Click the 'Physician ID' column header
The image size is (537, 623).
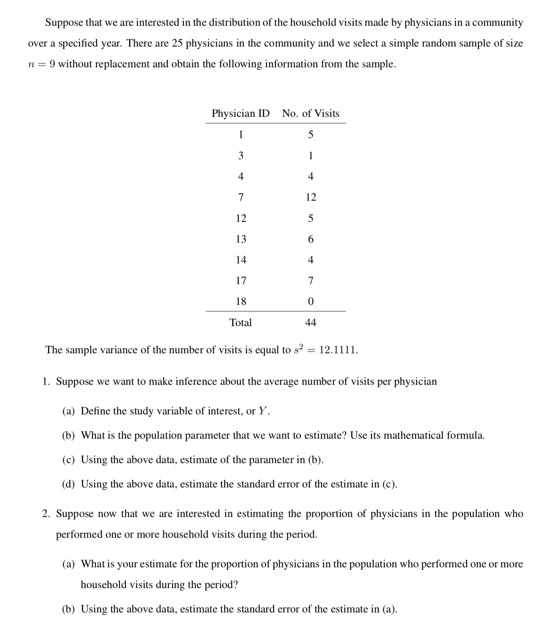click(241, 113)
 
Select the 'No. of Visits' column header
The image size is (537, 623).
click(310, 113)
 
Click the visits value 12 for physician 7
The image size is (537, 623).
click(310, 197)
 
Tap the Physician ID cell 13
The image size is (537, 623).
click(241, 239)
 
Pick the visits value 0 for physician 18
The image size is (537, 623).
click(310, 302)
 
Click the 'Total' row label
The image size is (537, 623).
click(241, 323)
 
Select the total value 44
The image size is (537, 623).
click(310, 323)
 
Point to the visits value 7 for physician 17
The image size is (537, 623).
click(310, 281)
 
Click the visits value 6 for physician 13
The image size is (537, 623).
click(310, 239)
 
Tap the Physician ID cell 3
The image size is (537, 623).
click(241, 156)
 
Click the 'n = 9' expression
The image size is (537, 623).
click(42, 64)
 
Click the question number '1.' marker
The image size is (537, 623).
click(47, 382)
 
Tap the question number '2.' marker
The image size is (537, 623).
click(47, 514)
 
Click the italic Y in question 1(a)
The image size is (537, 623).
click(262, 411)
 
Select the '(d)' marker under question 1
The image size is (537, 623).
click(69, 484)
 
